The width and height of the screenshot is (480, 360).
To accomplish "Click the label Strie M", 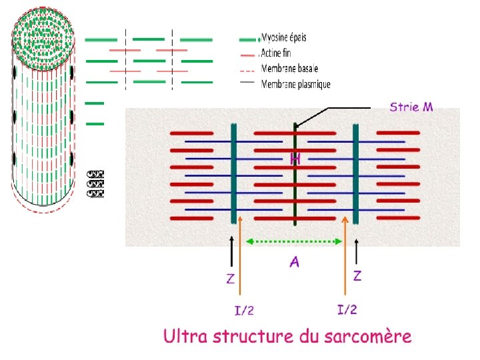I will click(411, 107).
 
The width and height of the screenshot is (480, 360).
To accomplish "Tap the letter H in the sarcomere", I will click(295, 159).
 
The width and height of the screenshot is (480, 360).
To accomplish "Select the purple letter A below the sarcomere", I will click(294, 262).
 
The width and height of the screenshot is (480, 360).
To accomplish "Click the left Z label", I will click(231, 279).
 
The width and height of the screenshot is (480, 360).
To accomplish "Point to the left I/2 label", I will click(243, 309).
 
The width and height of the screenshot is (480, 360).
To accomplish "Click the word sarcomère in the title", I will click(365, 337).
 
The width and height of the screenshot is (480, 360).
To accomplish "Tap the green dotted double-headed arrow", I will click(294, 241).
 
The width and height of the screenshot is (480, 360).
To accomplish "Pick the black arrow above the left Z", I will click(231, 252).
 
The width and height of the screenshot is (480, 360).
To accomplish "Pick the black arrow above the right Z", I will click(358, 252).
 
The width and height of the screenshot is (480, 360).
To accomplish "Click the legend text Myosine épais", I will click(284, 37).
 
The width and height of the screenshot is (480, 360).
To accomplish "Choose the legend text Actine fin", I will click(276, 53).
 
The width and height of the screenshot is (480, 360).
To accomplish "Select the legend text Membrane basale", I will click(289, 68).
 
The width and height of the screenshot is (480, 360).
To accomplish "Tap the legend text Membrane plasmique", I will click(295, 84).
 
